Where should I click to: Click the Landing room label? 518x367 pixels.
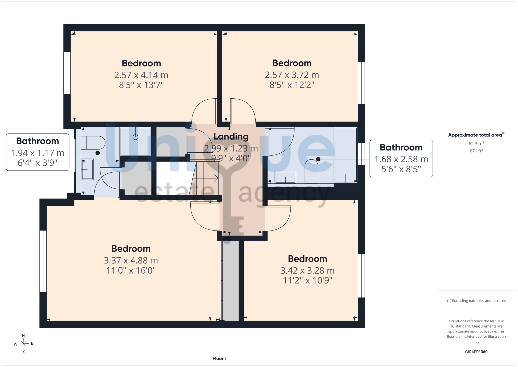point(231,137)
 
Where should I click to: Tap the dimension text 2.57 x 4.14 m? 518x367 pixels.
point(141,75)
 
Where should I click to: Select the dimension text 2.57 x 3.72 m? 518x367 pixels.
point(292,75)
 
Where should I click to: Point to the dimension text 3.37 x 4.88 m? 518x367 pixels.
point(131,260)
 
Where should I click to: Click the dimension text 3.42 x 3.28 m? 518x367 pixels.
point(307,270)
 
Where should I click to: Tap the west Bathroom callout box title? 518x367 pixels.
point(38,141)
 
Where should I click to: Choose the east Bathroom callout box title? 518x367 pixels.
point(401,147)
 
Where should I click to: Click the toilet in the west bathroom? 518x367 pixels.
point(93,143)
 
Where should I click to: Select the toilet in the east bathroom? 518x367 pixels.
point(311,171)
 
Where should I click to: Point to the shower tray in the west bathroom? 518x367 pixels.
point(135,141)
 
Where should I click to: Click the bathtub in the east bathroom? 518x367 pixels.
point(346,155)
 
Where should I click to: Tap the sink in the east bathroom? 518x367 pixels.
point(285,177)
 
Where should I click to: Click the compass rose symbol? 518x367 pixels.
point(24,344)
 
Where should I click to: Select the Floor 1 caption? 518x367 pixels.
point(219,358)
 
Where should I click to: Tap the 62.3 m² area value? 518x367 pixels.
point(476,144)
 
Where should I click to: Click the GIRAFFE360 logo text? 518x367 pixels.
point(476,352)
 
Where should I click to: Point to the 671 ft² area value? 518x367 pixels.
point(476,151)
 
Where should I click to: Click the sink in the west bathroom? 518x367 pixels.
point(88,169)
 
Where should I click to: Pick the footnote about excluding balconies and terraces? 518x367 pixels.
point(476,301)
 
